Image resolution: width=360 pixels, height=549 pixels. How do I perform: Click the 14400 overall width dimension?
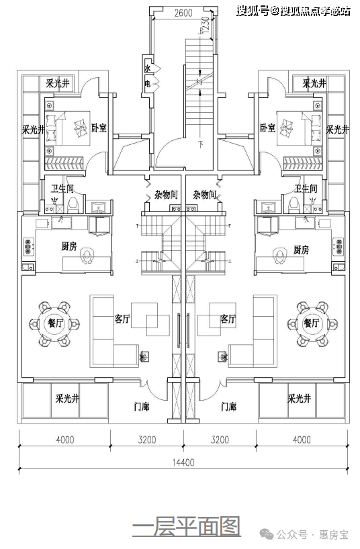coord(183,462)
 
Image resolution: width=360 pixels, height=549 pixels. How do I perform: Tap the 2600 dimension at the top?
coord(183,13)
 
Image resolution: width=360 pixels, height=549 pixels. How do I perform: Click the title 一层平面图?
coord(187,526)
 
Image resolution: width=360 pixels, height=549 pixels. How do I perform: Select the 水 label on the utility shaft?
coord(148,68)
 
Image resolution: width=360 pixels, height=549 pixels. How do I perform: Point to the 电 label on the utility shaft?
coord(148,84)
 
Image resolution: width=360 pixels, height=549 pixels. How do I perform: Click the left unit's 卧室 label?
coord(99,128)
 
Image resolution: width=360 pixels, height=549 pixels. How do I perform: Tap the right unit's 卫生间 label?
coord(306,189)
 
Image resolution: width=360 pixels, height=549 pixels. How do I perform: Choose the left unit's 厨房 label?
coord(69,246)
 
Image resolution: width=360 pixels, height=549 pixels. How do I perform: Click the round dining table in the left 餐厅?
coord(54,323)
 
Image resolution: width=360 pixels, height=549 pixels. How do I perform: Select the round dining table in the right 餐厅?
coord(312,323)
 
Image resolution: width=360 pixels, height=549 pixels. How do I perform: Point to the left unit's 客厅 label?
coord(122,319)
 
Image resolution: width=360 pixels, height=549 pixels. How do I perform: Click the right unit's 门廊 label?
coord(228,407)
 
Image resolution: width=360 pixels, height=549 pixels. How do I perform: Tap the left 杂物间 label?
coord(166,195)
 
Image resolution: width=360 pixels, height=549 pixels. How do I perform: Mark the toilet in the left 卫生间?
coord(73,205)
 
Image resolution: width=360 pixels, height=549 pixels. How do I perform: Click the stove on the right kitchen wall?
coord(338,246)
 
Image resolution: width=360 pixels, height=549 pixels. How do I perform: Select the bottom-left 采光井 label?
coord(67,399)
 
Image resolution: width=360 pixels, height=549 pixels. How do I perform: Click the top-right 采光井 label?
coord(314,83)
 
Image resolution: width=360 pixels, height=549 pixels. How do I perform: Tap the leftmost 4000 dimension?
coord(65,439)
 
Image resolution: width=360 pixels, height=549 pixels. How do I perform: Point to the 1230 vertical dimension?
coord(206,25)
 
